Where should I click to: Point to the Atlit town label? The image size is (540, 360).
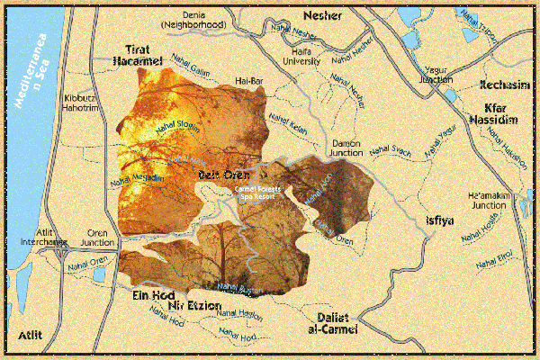pyautogui.click(x=32, y=335)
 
